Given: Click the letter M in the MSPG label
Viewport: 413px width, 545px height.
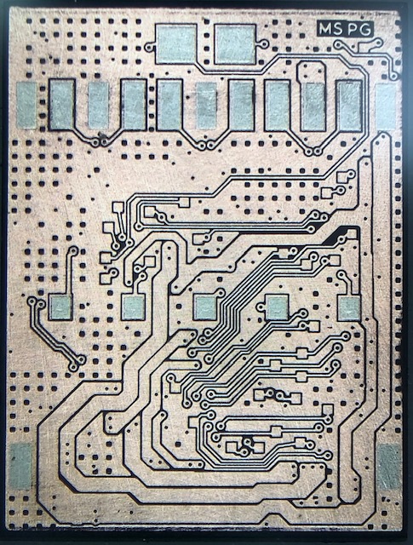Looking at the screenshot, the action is coord(325,29).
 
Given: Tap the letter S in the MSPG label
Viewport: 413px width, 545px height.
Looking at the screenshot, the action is coord(338,29).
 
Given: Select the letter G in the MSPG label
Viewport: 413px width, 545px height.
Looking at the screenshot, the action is coord(364,29).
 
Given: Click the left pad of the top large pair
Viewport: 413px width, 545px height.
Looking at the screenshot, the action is coord(176,44).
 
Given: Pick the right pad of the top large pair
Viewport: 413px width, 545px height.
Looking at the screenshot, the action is coord(235,45).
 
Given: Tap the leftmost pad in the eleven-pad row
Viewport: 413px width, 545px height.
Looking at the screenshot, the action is coord(26,104).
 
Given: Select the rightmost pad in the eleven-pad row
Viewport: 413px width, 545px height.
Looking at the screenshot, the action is coord(387,106).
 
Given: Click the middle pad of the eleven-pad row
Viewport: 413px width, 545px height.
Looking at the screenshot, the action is coord(206,106).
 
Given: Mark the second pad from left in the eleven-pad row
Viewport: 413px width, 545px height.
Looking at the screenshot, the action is coord(62,105).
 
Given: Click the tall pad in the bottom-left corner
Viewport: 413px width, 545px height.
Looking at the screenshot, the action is coord(21,466).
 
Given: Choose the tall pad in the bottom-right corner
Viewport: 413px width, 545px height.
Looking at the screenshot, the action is coord(389,467).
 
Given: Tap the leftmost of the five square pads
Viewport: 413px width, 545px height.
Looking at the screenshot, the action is coord(60,307).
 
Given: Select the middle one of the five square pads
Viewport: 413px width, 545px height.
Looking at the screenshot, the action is coord(204,307).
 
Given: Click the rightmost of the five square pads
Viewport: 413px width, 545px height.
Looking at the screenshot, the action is coord(348,308).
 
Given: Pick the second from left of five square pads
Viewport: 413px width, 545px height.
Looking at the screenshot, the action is coord(133,307).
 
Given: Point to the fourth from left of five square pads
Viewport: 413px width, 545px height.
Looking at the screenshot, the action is coord(277,307).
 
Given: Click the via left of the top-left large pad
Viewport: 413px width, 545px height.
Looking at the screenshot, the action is coord(150,47).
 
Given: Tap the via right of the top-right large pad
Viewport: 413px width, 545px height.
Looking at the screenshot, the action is coord(264,44).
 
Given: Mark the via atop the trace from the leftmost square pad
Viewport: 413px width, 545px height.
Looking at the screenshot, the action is coord(73,250).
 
